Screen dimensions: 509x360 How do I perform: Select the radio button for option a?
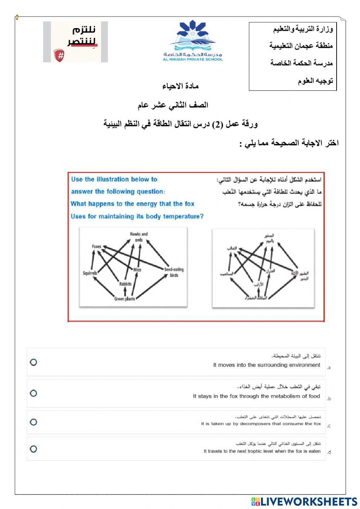tap(33, 362)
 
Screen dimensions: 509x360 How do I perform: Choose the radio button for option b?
tap(33, 393)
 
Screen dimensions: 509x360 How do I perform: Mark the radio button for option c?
tap(33, 422)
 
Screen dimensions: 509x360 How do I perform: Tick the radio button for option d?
tap(33, 449)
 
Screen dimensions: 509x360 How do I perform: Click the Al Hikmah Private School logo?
tap(193, 41)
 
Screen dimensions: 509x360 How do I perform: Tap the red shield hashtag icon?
tap(59, 55)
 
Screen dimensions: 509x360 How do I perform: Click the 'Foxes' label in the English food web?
tap(96, 246)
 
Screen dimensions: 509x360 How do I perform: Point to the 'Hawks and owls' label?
tap(139, 237)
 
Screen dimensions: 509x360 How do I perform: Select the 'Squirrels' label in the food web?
tap(90, 273)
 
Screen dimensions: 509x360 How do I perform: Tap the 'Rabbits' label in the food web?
tap(125, 284)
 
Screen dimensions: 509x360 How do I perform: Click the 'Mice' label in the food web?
tap(137, 269)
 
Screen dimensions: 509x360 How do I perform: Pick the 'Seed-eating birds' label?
tap(174, 272)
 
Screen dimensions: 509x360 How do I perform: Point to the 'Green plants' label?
tap(125, 299)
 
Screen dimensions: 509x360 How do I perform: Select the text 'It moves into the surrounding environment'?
tap(266, 365)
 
